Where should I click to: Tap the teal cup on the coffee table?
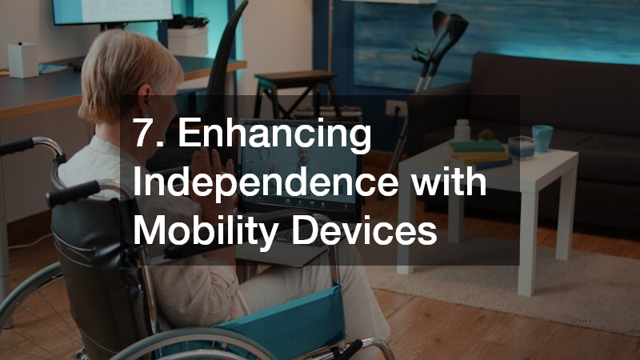(542, 138)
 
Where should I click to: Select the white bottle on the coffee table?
(462, 130)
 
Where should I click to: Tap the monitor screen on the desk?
(112, 10)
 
